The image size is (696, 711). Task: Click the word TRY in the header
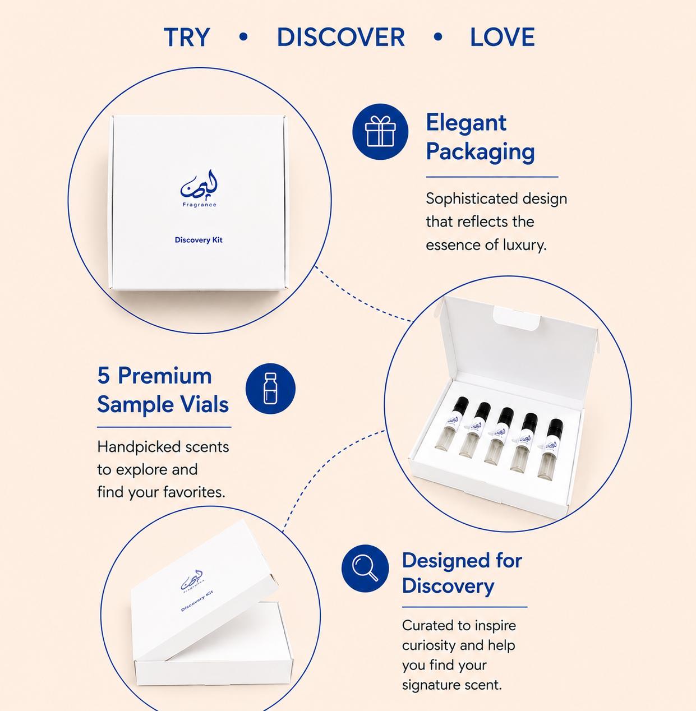pyautogui.click(x=187, y=37)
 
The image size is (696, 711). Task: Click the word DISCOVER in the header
pyautogui.click(x=340, y=37)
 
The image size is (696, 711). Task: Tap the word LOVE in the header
pyautogui.click(x=503, y=37)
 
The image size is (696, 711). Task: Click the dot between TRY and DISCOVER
pyautogui.click(x=243, y=37)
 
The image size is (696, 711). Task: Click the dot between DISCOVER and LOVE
pyautogui.click(x=438, y=37)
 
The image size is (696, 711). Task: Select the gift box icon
pyautogui.click(x=380, y=131)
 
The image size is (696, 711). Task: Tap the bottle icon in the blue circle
pyautogui.click(x=270, y=388)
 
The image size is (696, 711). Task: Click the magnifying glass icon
pyautogui.click(x=365, y=568)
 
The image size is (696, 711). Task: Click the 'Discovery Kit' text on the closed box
pyautogui.click(x=199, y=240)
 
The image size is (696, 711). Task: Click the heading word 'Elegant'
pyautogui.click(x=466, y=122)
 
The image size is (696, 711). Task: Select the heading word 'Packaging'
pyautogui.click(x=480, y=151)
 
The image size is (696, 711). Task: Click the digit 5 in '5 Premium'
pyautogui.click(x=104, y=376)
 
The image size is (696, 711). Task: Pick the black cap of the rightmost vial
pyautogui.click(x=555, y=427)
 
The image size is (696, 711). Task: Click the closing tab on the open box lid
pyautogui.click(x=517, y=318)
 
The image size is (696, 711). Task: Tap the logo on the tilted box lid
pyautogui.click(x=192, y=580)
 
